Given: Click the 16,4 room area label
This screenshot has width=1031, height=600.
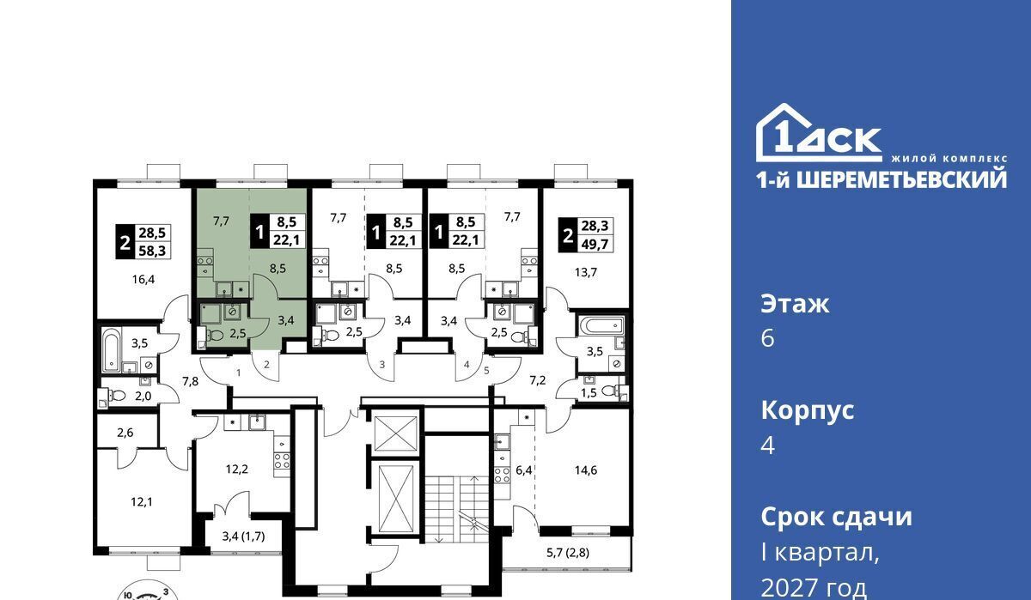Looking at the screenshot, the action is (143, 279).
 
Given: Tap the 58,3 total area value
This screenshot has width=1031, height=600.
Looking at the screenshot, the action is (152, 251).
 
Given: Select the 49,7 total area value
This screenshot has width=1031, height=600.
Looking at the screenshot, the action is (595, 244).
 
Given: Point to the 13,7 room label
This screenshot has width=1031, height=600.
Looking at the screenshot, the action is (585, 272).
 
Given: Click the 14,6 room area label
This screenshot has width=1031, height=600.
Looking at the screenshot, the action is (585, 470).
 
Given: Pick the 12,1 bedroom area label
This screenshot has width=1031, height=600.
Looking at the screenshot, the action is (141, 501).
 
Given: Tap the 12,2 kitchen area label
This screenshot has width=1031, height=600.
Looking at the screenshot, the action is (236, 469).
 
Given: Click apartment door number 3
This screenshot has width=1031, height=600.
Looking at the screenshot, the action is (382, 365).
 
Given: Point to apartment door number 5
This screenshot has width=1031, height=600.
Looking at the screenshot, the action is (486, 370).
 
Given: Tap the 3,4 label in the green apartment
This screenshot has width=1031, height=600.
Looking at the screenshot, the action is (286, 320).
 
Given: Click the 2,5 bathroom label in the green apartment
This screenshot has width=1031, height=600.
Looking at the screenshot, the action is (237, 333).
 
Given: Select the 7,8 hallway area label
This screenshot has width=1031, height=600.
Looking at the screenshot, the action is (190, 381).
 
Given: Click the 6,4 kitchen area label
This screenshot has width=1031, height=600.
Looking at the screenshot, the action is (524, 470).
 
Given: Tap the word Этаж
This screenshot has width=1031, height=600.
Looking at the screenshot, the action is (795, 304).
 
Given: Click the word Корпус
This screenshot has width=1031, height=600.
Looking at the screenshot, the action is (808, 410).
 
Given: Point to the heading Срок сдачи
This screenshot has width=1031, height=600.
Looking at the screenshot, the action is (836, 517).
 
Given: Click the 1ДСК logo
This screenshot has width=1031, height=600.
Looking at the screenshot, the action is (818, 133).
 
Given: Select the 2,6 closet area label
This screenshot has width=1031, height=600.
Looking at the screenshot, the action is (125, 432).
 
